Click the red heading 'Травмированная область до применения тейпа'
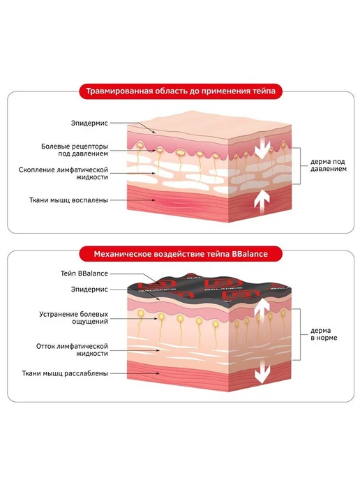tap(181, 91)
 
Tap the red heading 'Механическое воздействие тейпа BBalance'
tap(181, 254)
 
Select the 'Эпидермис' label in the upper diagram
tap(89, 123)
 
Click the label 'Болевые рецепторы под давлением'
tap(75, 150)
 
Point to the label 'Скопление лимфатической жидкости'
tap(63, 173)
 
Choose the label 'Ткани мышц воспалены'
tap(68, 200)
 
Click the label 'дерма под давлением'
tap(328, 165)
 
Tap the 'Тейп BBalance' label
tap(84, 273)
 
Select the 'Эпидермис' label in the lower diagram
tap(89, 290)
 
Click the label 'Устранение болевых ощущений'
tap(73, 317)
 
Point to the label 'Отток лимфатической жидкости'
tap(72, 350)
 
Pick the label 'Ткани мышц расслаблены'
tap(65, 373)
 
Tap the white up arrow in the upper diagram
tap(262, 202)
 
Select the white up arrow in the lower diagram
tap(262, 308)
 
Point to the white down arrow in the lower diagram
tap(262, 372)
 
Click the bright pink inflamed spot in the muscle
tap(172, 202)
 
